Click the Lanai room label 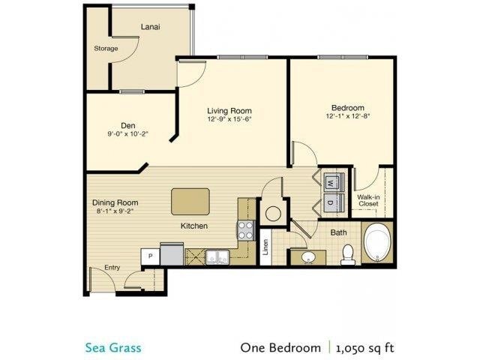pos(150,27)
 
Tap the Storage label pos(106,49)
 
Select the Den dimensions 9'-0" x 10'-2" pos(127,135)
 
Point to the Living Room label pos(229,111)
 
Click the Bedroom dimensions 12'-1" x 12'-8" pos(347,116)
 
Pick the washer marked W pos(331,181)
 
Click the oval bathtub pos(377,243)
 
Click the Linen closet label pos(265,247)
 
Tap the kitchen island pos(190,201)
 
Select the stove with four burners pos(246,230)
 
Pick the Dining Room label pos(115,202)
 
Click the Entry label pos(112,267)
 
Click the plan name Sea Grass pos(112,347)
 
